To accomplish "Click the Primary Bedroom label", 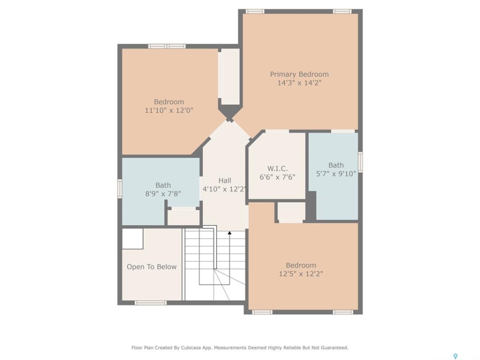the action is (299, 74).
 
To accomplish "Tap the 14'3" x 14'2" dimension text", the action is (299, 82).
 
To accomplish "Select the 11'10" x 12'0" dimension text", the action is (169, 110).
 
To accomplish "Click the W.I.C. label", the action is (277, 168).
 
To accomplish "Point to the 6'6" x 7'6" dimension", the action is (277, 177).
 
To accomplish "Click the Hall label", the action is (224, 180).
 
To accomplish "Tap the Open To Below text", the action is (151, 267).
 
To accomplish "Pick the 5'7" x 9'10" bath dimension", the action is (336, 173).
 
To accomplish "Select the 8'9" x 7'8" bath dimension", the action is (163, 194).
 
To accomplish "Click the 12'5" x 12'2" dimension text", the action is (300, 273).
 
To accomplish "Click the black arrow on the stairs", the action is (229, 233).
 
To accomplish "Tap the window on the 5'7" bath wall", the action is (360, 162).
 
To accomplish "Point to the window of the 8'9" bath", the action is (119, 189).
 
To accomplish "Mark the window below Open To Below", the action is (151, 303).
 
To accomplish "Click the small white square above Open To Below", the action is (132, 239).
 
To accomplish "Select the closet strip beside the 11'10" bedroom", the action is (228, 76).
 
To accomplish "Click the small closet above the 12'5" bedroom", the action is (291, 211).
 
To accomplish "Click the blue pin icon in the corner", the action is (455, 356).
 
